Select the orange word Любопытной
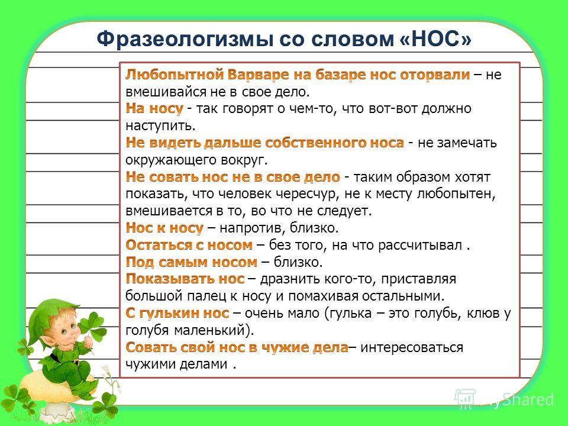[x=174, y=75]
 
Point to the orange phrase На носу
[x=154, y=109]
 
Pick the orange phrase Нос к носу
[x=164, y=228]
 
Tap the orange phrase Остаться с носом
[x=189, y=245]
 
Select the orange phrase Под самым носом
[x=191, y=262]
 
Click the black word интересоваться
[x=412, y=347]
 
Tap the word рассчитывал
[x=420, y=246]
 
